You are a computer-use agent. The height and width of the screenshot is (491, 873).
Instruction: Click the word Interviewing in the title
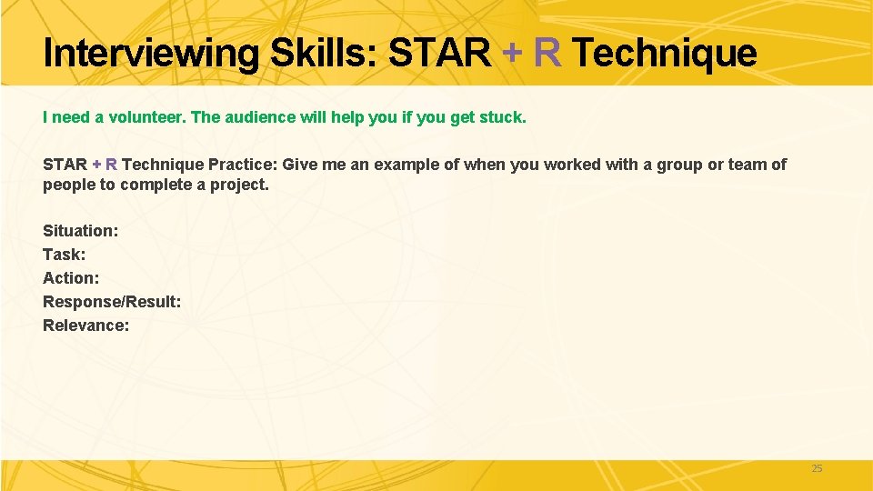click(151, 54)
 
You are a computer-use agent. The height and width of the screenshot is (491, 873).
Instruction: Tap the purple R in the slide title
click(547, 53)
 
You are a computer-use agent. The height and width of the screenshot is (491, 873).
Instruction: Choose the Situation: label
click(81, 231)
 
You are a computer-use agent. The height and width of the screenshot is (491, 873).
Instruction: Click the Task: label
click(65, 255)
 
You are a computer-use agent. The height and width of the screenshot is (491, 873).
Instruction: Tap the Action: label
click(71, 278)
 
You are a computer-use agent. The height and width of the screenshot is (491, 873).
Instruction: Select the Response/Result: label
click(112, 302)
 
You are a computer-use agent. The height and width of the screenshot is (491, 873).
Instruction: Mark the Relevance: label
click(86, 326)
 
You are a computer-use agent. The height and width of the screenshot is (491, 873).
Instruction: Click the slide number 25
click(817, 468)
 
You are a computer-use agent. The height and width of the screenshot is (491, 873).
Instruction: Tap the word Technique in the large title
click(665, 54)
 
